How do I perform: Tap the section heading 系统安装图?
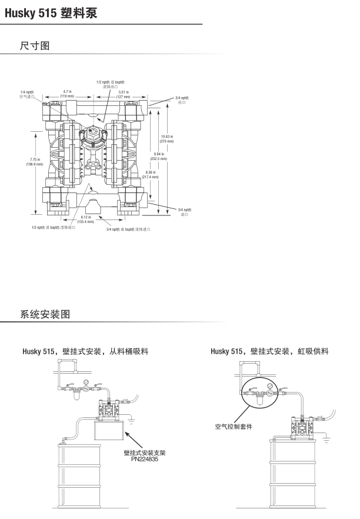pos(45,314)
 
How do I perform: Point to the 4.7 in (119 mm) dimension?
pos(67,93)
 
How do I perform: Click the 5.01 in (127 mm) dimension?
pos(123,93)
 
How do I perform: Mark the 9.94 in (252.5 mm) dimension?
pos(158,157)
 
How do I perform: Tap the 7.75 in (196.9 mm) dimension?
pos(35,162)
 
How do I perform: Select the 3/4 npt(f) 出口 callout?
pos(182,100)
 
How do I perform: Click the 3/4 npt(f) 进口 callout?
pos(184,212)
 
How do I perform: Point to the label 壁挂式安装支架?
pos(145,453)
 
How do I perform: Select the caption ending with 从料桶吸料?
pos(85,352)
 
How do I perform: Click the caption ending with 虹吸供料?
pos(269,352)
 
